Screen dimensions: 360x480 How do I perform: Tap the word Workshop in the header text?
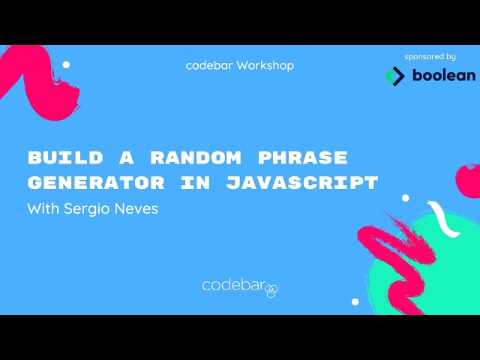click(265, 65)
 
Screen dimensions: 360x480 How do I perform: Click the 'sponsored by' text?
click(430, 56)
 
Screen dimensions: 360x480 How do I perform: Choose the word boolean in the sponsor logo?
click(443, 76)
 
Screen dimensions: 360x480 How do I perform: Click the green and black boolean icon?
click(394, 76)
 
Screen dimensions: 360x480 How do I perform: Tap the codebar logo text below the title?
click(234, 285)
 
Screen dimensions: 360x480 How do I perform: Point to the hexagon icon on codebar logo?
click(272, 289)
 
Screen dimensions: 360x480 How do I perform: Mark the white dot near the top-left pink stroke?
click(66, 64)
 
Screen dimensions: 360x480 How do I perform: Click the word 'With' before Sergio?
click(41, 208)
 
